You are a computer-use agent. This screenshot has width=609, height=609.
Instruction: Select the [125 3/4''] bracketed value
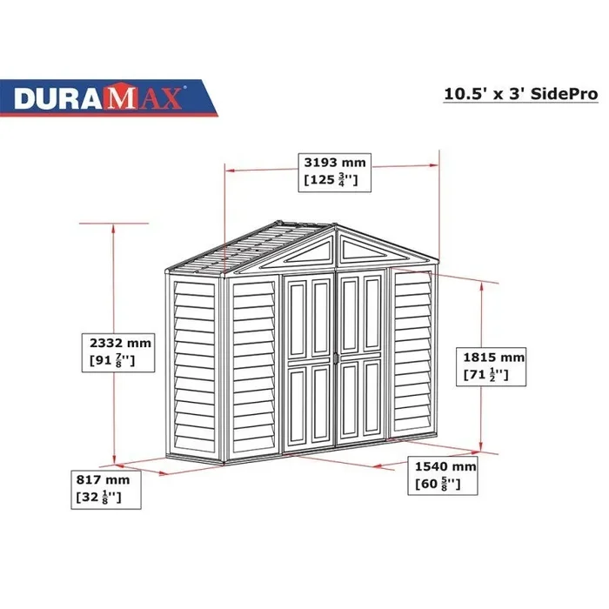(331, 180)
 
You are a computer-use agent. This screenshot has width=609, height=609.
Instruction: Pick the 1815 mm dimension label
(492, 357)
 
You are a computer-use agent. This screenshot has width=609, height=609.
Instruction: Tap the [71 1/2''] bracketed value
(485, 375)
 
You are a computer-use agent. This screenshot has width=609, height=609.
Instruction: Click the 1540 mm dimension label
(445, 466)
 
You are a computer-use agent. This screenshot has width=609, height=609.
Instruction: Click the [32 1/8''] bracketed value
(97, 498)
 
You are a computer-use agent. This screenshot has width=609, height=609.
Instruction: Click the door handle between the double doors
(337, 358)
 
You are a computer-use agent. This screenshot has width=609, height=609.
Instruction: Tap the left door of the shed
(309, 361)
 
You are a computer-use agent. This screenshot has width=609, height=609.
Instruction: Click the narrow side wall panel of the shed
(194, 365)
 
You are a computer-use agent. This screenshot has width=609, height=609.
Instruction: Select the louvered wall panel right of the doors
(412, 352)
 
